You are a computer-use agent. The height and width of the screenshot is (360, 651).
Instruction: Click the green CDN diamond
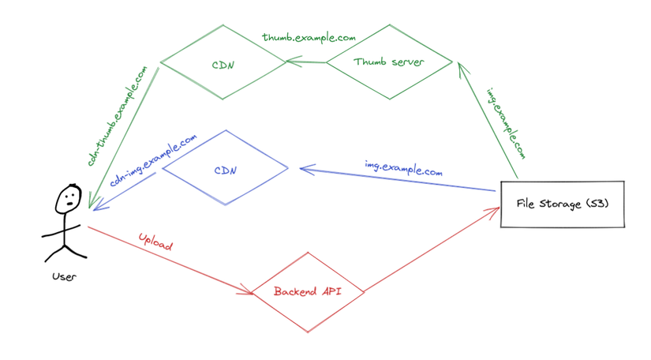coord(223,62)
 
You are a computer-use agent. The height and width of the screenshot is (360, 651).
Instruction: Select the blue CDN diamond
coord(225,169)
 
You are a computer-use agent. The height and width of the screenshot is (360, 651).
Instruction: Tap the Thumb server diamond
coord(389,62)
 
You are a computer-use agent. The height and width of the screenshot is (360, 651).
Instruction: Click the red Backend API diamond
coord(307,291)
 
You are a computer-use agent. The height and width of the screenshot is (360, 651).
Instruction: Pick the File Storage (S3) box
coord(562,204)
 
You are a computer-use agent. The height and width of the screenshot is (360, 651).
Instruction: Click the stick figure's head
coord(69,200)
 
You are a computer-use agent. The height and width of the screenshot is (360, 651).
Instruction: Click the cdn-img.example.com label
coord(153,160)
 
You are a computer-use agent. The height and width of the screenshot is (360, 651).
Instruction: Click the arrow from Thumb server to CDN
coord(306,61)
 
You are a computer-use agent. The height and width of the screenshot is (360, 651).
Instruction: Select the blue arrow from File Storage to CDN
coord(395,179)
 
